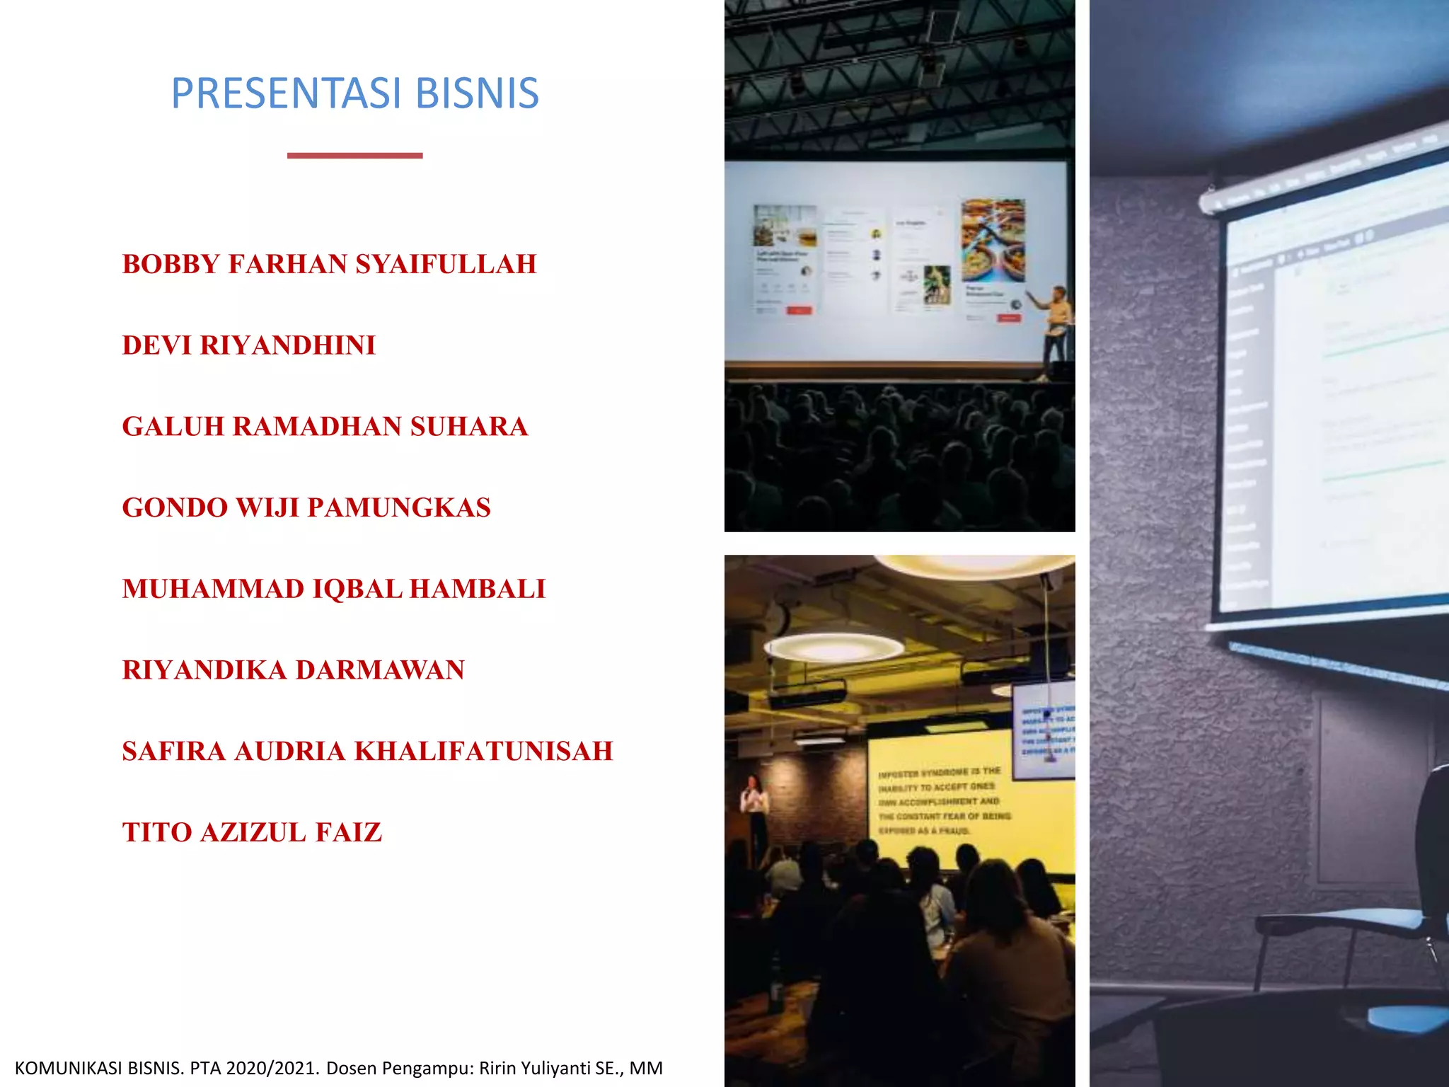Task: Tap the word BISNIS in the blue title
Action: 477,93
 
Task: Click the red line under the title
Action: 354,155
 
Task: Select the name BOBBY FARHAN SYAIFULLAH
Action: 329,264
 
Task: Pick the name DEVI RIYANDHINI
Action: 248,345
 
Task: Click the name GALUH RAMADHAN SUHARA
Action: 325,427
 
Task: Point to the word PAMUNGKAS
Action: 399,508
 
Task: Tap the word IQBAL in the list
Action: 357,589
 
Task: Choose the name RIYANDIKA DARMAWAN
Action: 293,670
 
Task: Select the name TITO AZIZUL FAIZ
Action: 252,833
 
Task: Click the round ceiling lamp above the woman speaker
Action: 833,646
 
